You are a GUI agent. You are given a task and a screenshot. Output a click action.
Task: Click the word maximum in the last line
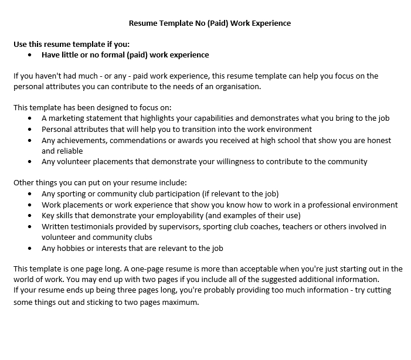[181, 303]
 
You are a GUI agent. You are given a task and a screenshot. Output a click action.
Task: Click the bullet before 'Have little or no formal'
[30, 55]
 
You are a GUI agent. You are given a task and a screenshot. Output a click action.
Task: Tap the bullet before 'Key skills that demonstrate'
[30, 215]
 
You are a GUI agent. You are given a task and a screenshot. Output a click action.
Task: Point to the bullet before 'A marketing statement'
[30, 118]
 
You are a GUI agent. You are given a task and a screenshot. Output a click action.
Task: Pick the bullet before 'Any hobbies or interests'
[30, 248]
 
